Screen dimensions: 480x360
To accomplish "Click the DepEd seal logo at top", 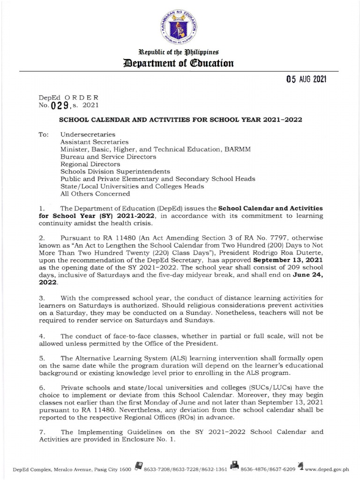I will [180, 24].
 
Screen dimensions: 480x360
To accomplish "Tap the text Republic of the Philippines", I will [180, 51].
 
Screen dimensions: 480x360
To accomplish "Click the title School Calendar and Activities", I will [180, 120].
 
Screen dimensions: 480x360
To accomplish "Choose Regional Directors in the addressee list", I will [90, 164].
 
